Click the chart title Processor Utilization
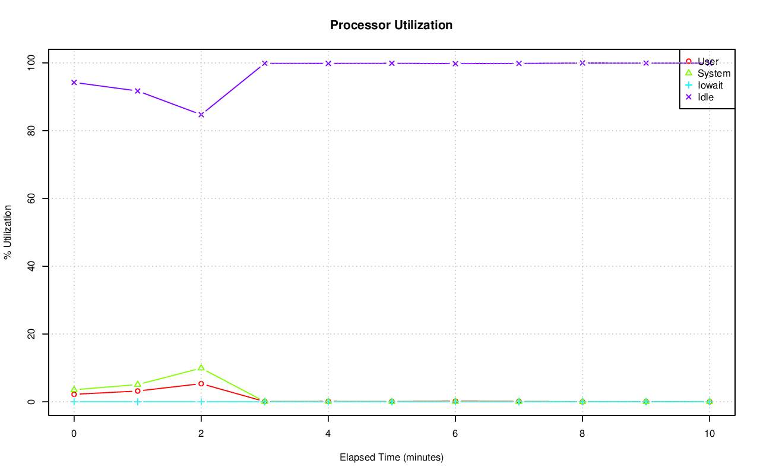pyautogui.click(x=391, y=25)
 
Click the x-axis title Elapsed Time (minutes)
pyautogui.click(x=391, y=458)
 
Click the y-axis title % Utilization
pyautogui.click(x=8, y=232)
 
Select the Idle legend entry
pyautogui.click(x=705, y=97)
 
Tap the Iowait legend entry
pyautogui.click(x=710, y=85)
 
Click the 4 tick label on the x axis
pyautogui.click(x=328, y=434)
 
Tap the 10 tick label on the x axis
pyautogui.click(x=709, y=434)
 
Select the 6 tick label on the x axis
pyautogui.click(x=455, y=434)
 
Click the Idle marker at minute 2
pyautogui.click(x=201, y=114)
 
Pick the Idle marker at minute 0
pyautogui.click(x=74, y=82)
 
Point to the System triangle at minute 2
pyautogui.click(x=201, y=368)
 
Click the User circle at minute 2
pyautogui.click(x=201, y=384)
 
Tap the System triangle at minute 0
pyautogui.click(x=74, y=389)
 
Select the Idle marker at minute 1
pyautogui.click(x=137, y=91)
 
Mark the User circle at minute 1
pyautogui.click(x=137, y=391)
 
